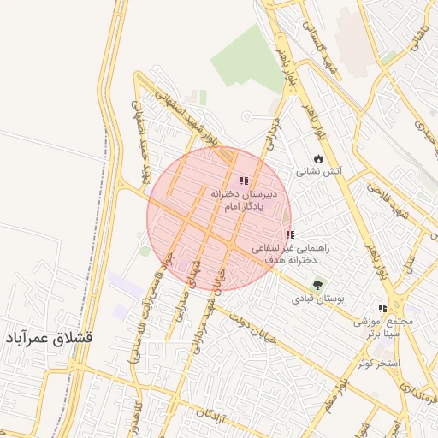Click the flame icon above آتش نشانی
319,158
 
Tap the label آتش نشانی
319,171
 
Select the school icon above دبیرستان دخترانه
244,181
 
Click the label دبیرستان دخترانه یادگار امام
245,200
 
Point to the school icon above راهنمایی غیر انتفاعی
290,234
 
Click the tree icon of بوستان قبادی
318,285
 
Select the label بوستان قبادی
317,299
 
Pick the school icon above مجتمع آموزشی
382,308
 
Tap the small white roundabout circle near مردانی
246,116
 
